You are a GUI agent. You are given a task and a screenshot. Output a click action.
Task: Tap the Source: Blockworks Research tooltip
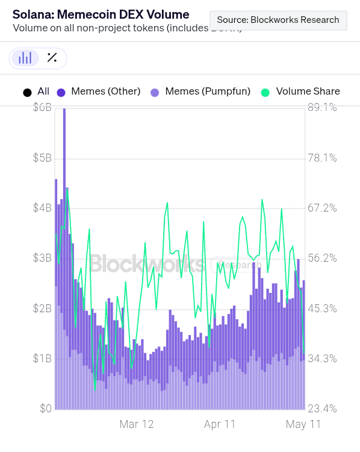point(278,20)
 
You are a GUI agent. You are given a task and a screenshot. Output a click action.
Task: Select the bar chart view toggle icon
point(25,58)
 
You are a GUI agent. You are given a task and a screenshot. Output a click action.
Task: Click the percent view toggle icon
point(52,58)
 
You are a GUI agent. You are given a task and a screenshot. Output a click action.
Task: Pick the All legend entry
point(36,92)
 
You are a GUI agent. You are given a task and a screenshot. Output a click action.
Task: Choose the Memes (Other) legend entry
point(99,92)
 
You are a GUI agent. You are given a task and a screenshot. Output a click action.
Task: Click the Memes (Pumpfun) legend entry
point(200,92)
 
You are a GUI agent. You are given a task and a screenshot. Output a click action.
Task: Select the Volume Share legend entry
point(300,92)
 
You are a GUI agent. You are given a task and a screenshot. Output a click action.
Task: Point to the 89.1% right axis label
point(322,107)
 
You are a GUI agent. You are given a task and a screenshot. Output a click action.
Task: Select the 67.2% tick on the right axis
point(322,208)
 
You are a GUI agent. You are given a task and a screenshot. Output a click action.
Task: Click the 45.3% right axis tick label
point(322,309)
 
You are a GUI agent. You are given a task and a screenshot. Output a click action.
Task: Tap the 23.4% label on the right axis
point(322,409)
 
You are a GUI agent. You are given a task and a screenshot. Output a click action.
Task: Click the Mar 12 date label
point(137,424)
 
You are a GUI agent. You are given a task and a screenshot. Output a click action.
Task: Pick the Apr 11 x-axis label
point(220,424)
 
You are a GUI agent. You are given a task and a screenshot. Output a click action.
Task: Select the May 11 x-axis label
point(303,424)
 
